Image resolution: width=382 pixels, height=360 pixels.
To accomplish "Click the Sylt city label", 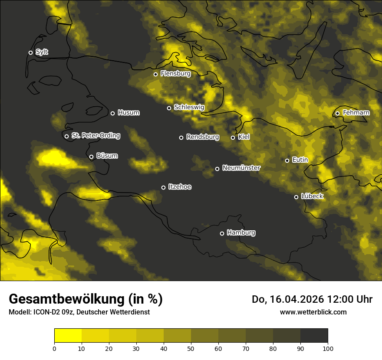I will coord(42,52).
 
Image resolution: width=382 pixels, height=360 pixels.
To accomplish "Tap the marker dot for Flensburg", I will coord(155,74).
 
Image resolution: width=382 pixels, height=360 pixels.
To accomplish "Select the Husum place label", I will coord(128,113).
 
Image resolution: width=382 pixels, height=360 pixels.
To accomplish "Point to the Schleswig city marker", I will coord(169,108).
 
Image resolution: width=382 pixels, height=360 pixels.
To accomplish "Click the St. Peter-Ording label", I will coord(95,136).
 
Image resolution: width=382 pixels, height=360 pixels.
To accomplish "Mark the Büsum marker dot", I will coord(91,157).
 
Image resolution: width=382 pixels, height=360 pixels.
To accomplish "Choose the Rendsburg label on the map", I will coord(202,137).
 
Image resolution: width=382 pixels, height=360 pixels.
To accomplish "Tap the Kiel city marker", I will coord(233,137).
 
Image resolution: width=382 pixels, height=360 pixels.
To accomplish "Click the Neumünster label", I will coord(241,168).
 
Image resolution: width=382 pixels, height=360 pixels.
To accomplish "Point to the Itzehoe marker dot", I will coord(163,187).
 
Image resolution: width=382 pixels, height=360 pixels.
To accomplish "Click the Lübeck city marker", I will coord(296,197).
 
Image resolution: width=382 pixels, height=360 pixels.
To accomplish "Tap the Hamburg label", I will coord(241,233).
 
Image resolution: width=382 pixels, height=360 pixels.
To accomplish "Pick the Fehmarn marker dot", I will coord(337,114).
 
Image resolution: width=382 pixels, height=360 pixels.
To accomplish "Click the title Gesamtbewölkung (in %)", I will coord(86,299).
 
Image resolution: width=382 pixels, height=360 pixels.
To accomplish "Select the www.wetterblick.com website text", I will coord(313,312).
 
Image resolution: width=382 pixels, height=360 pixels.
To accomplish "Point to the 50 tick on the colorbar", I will coord(191,348).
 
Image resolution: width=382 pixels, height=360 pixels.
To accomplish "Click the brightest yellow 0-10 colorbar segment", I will coord(68,336).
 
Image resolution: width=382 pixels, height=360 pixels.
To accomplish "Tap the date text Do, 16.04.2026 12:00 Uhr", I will coord(312,299).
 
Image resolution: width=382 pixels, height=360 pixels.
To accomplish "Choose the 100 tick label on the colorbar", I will coord(328,348).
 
